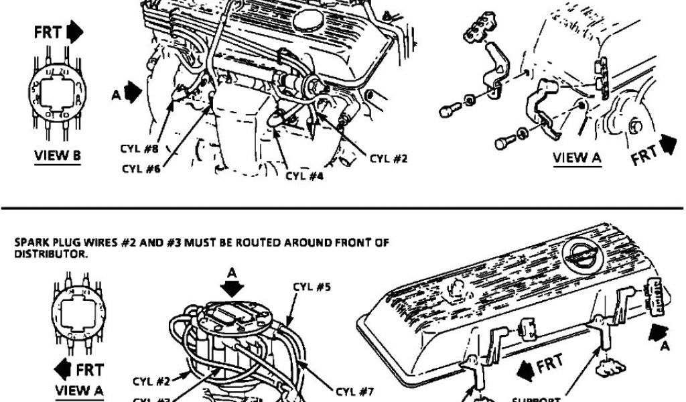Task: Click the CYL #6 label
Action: pyautogui.click(x=140, y=168)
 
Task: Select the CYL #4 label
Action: pyautogui.click(x=305, y=176)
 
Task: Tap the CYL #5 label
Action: pyautogui.click(x=312, y=287)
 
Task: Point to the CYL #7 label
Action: pyautogui.click(x=354, y=391)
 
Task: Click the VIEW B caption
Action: pyautogui.click(x=58, y=156)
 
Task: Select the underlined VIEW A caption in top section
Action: pyautogui.click(x=577, y=159)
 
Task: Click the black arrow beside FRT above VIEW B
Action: pyautogui.click(x=74, y=31)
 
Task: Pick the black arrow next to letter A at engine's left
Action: pyautogui.click(x=135, y=92)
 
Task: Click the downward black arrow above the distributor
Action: pyautogui.click(x=232, y=288)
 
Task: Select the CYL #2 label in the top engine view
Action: pyautogui.click(x=389, y=159)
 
